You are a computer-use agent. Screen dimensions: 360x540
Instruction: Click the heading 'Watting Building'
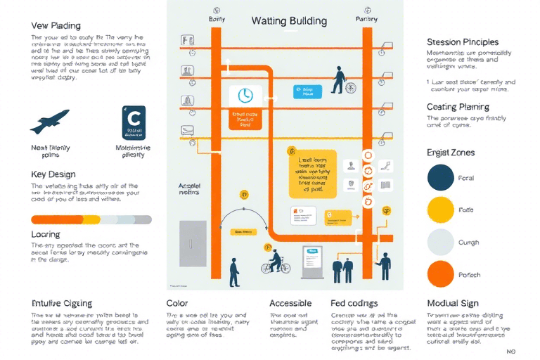click(x=289, y=20)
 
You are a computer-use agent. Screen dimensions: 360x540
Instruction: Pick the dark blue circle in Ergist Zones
click(x=441, y=177)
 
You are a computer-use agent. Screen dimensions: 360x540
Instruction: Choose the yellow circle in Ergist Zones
click(x=441, y=210)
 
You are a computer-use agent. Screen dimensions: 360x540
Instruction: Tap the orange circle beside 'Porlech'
click(x=441, y=274)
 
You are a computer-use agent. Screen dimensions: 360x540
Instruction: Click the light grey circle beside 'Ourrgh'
click(x=441, y=242)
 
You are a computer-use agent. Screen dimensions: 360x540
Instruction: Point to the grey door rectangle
click(x=192, y=244)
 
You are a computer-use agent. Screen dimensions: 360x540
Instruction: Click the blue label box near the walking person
click(x=307, y=91)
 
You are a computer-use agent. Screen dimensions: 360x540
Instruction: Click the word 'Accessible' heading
click(x=290, y=303)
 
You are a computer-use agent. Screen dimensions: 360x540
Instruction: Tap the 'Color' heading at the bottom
click(x=176, y=303)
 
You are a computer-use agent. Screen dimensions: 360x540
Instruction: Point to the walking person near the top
click(x=339, y=80)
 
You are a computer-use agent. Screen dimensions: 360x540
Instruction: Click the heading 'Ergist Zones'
click(x=451, y=152)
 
